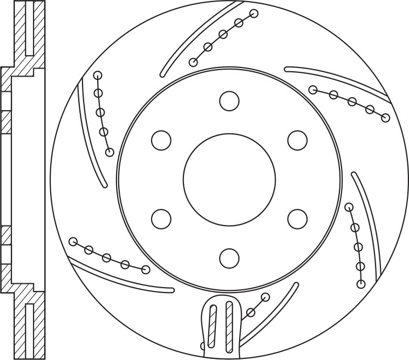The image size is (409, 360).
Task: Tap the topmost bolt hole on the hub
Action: pos(229,101)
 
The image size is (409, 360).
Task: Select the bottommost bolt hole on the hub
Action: pos(229,257)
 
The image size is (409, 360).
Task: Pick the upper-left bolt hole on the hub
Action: pos(161,140)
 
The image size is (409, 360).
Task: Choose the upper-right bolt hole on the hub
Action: pos(297,140)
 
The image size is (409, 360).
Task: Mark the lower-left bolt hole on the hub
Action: pos(161,219)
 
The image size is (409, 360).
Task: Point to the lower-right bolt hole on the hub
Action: pos(297,219)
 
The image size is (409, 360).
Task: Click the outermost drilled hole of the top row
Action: pos(254,13)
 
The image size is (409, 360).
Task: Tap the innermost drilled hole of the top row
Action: pos(193,62)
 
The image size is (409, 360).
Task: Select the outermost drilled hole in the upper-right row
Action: pos(385,118)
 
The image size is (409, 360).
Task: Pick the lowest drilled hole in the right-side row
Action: pos(362,284)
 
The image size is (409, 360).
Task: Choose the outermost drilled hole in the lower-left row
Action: pos(73,241)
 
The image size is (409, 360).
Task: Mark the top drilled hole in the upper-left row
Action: pos(98,75)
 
